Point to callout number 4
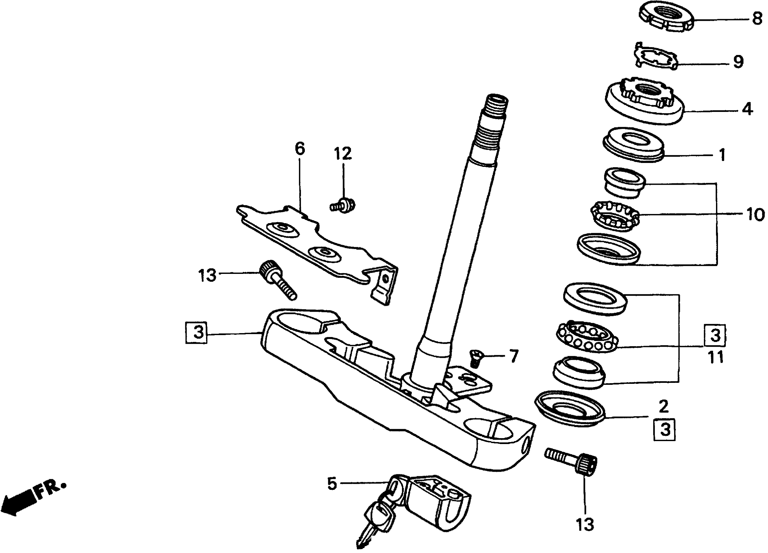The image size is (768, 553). coord(747,109)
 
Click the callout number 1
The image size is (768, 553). coord(722,155)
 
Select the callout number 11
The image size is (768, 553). coord(716,357)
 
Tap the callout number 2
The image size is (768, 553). coord(663,406)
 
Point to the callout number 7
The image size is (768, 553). coord(514,356)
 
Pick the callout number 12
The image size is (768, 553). coord(343,154)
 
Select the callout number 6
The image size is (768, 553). coord(300,149)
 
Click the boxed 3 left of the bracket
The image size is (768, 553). coord(196,332)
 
